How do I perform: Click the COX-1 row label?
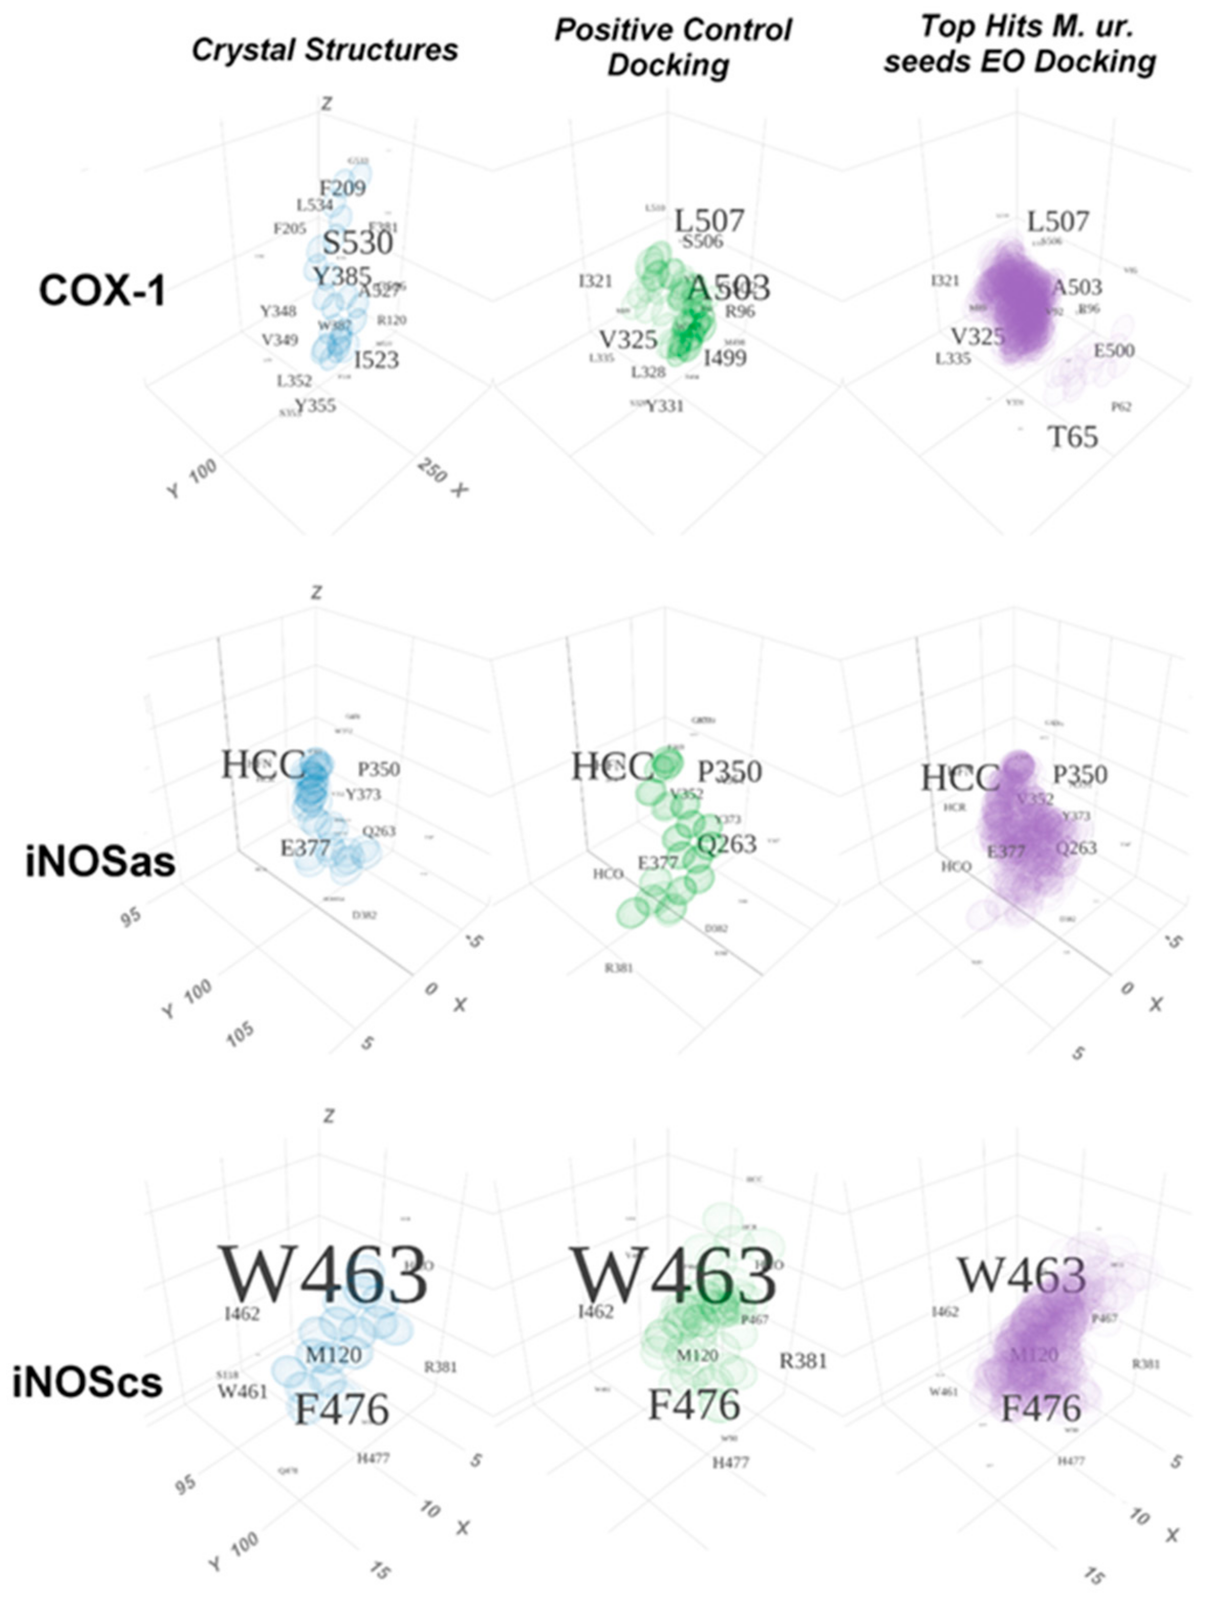[101, 291]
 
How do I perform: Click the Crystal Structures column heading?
[324, 50]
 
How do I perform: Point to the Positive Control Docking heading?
[673, 48]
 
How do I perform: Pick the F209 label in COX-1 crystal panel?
[342, 188]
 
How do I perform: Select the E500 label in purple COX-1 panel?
[1114, 351]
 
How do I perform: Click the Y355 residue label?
[315, 405]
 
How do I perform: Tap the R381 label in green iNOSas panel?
[618, 968]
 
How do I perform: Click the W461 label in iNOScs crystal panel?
[242, 1391]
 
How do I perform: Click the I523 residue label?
[376, 360]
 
